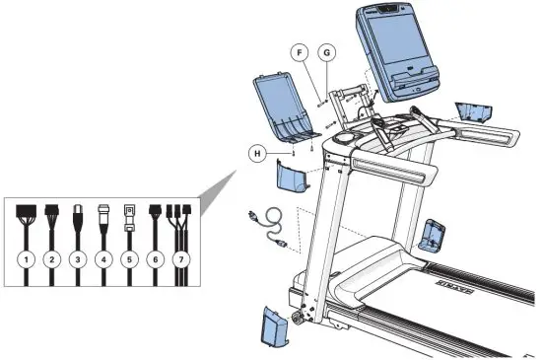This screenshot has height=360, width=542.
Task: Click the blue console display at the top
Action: [x=392, y=51]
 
